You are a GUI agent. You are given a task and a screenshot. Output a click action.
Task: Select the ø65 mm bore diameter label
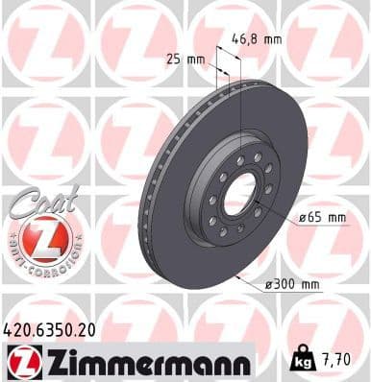[321, 217]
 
